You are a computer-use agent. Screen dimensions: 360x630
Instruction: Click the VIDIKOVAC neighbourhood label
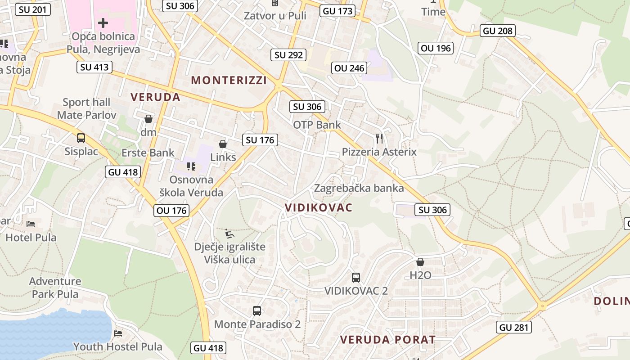click(318, 207)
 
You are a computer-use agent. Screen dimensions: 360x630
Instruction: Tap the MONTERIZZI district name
click(229, 81)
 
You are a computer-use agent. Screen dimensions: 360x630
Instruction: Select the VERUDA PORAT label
click(387, 339)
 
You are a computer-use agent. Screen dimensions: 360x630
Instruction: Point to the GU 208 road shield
click(497, 31)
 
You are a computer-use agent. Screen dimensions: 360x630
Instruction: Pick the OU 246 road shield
click(350, 68)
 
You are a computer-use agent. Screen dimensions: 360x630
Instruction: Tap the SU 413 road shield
click(94, 67)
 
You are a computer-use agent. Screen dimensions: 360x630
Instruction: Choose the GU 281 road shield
click(514, 327)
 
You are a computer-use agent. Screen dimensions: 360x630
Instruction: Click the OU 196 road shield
click(435, 48)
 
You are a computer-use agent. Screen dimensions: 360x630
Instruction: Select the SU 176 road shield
click(260, 140)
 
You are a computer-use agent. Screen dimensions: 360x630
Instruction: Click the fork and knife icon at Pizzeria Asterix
click(379, 138)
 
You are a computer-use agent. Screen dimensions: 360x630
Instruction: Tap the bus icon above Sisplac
click(81, 138)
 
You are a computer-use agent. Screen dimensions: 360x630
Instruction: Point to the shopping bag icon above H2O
click(420, 262)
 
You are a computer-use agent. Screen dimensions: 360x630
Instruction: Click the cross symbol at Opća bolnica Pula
click(103, 22)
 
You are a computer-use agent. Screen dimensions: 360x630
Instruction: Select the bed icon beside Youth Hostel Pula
click(118, 333)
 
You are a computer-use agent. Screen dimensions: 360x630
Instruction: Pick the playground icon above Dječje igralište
click(229, 234)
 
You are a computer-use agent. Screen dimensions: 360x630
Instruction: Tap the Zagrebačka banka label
click(359, 188)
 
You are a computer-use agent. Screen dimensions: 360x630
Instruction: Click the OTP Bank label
click(317, 125)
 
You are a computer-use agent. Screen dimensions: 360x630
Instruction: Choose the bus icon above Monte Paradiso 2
click(257, 310)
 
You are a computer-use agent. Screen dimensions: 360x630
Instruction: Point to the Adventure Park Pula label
click(55, 288)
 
